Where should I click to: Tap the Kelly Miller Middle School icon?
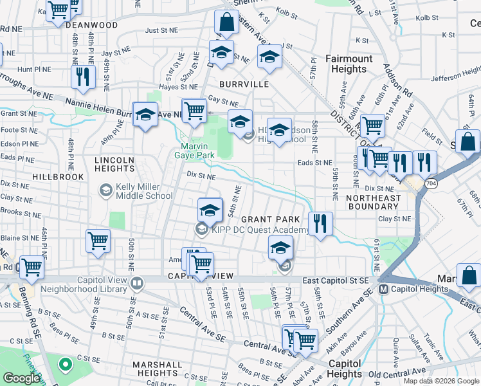point(104,190)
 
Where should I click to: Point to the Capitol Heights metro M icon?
point(383,289)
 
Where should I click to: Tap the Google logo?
point(21,378)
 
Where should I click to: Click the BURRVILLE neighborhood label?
point(243,84)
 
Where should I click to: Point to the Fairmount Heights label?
point(349,64)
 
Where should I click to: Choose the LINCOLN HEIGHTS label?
point(114,164)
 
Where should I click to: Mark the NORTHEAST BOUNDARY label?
point(372,202)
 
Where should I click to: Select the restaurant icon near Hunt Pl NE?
point(83,77)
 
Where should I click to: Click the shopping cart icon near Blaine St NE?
point(98,241)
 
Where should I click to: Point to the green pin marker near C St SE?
point(65,365)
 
